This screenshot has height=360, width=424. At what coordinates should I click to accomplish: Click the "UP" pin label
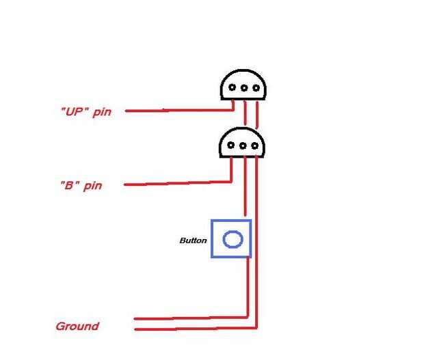[x=85, y=111]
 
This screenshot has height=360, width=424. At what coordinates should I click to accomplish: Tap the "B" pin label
[x=82, y=185]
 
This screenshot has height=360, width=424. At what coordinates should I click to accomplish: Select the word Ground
[x=77, y=327]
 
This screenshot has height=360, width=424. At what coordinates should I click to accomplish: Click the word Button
[x=193, y=240]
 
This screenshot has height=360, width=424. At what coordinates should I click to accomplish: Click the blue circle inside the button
[x=233, y=239]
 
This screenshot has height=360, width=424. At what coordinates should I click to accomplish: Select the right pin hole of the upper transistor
[x=255, y=88]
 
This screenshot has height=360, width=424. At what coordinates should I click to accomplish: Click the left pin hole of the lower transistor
[x=231, y=146]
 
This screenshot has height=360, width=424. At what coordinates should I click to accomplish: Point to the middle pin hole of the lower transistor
[x=242, y=146]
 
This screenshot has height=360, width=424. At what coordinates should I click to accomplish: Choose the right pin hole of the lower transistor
[x=253, y=146]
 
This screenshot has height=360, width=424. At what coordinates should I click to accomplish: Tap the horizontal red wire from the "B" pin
[x=178, y=183]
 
